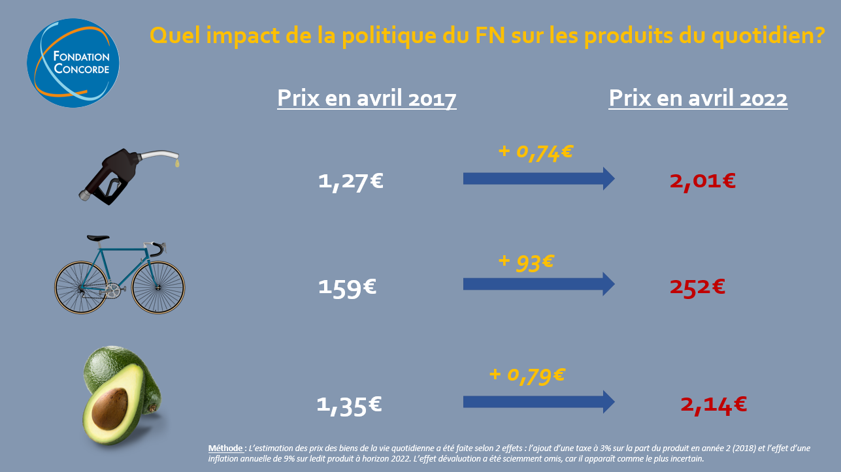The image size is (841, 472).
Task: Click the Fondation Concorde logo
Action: tap(73, 63)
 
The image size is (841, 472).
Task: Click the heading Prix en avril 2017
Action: tap(367, 98)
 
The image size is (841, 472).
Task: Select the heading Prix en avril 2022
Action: tap(698, 98)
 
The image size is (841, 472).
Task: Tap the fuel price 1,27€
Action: tap(350, 181)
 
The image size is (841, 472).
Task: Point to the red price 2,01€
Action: tap(702, 180)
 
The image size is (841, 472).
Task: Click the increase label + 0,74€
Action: tap(535, 151)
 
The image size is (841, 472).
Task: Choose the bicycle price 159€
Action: tap(347, 287)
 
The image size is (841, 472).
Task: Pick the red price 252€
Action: tap(697, 287)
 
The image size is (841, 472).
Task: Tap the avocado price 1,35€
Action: tap(349, 405)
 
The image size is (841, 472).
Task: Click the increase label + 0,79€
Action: tap(527, 375)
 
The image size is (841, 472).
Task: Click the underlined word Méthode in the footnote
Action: tap(225, 448)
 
